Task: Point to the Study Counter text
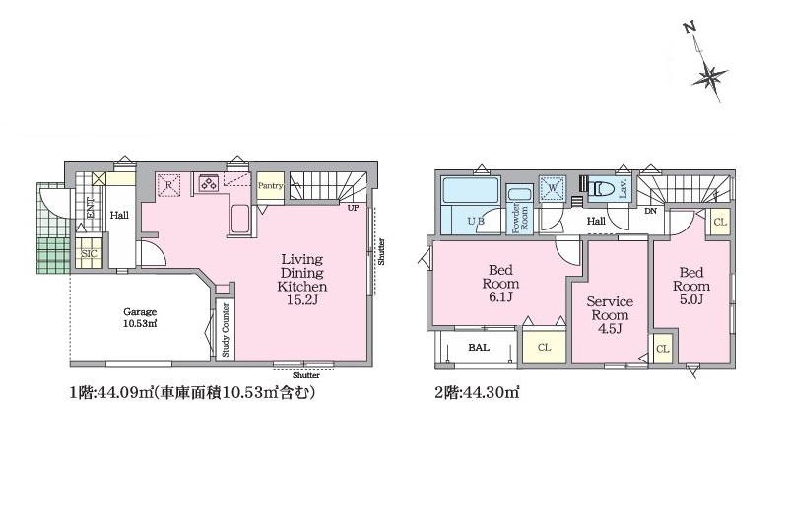tap(226, 329)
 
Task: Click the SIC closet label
tap(89, 253)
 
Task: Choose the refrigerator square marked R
tap(169, 184)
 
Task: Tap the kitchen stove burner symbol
tap(209, 183)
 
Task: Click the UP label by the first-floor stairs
tap(352, 208)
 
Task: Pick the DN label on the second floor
tap(650, 212)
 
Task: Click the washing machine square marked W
tap(553, 187)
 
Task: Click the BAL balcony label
tap(479, 348)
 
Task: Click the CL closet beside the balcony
tap(544, 348)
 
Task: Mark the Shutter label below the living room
tap(306, 374)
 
